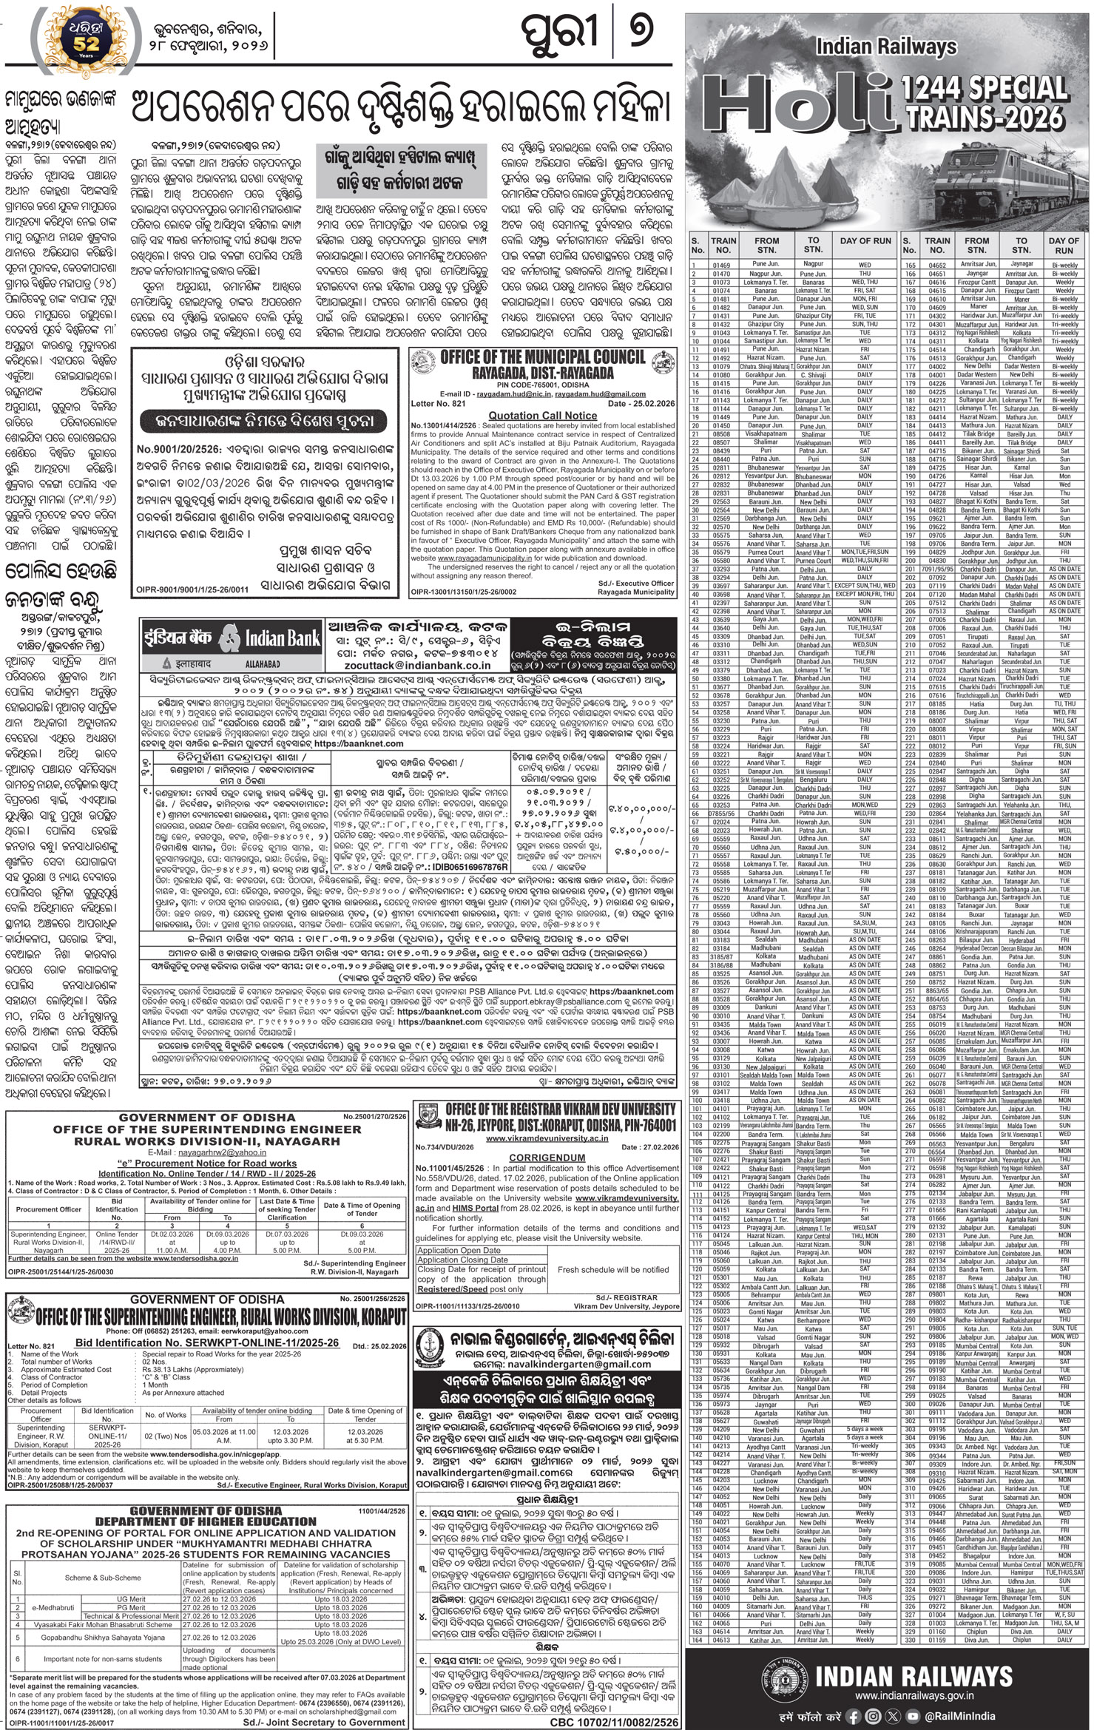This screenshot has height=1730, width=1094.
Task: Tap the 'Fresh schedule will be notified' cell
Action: click(613, 1268)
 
